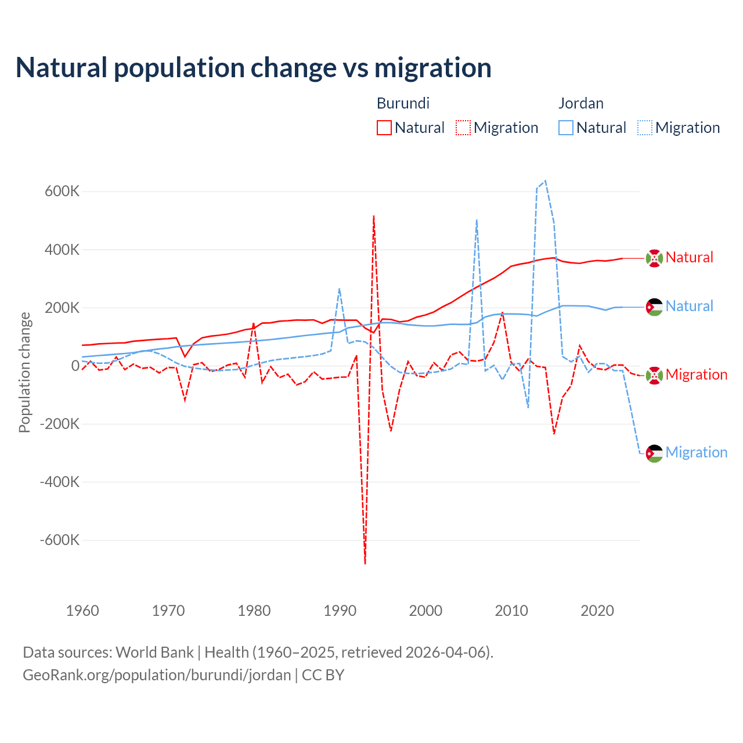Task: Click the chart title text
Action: pos(254,68)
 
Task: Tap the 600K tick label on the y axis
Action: pos(62,191)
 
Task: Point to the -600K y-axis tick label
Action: pos(60,540)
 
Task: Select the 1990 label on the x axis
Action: pos(340,611)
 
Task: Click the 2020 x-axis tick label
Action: pos(597,611)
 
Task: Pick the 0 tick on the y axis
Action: pos(75,366)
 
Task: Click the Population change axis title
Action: pos(24,372)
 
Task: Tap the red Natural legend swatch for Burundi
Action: pos(384,128)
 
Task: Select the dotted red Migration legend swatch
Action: pos(463,128)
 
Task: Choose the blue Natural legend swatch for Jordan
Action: pos(566,128)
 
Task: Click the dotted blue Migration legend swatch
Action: pos(645,128)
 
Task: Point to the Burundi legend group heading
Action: pos(403,103)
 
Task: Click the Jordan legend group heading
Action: pos(580,103)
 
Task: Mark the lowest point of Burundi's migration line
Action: pos(365,563)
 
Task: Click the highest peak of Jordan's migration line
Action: pos(545,181)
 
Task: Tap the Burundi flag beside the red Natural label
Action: pos(654,258)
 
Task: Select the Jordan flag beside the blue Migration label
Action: pos(654,453)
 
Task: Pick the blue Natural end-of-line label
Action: pos(689,306)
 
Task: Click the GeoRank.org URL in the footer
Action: pos(157,675)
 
